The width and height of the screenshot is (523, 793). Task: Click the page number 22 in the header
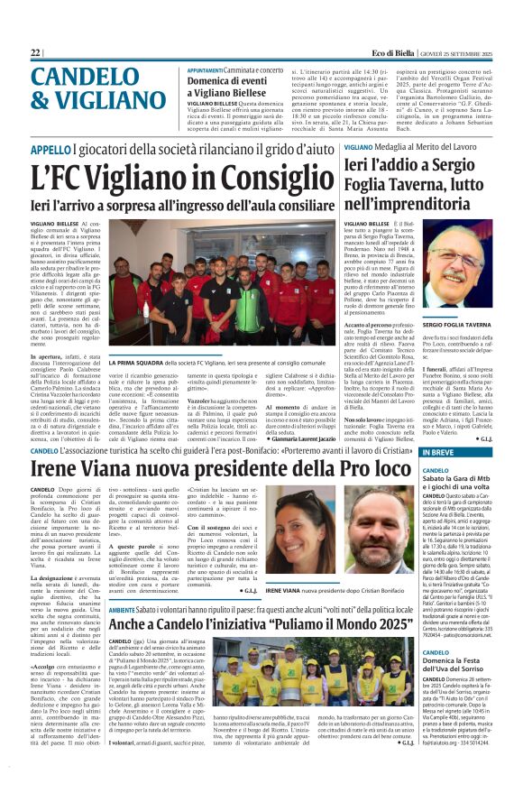pyautogui.click(x=35, y=53)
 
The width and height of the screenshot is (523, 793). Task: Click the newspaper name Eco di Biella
pyautogui.click(x=372, y=53)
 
